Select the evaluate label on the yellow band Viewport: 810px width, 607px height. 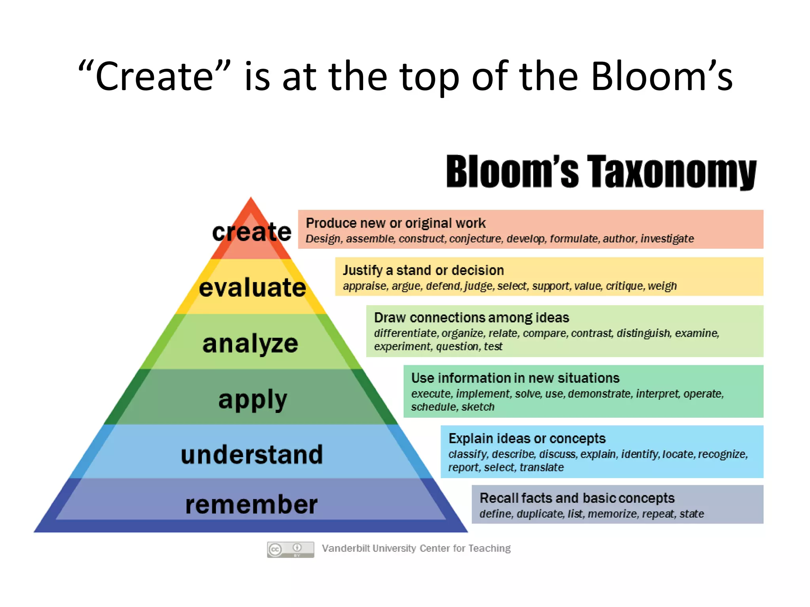click(x=252, y=287)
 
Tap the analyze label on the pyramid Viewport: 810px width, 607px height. click(x=250, y=343)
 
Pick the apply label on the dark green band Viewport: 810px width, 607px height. click(x=252, y=400)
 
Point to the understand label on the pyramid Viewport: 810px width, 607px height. click(x=252, y=454)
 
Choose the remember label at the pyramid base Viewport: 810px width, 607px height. click(x=252, y=505)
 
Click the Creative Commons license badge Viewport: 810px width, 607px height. click(x=290, y=549)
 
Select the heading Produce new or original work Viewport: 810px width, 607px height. click(x=396, y=223)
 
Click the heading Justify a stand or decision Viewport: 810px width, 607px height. click(x=423, y=270)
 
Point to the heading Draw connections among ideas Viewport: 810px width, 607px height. click(x=471, y=318)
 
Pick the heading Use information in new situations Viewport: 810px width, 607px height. click(x=515, y=378)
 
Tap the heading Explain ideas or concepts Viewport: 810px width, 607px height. click(x=527, y=439)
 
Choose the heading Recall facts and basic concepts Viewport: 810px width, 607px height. click(x=577, y=498)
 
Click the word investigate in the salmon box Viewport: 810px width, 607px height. click(x=667, y=239)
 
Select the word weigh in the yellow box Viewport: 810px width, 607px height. click(x=663, y=286)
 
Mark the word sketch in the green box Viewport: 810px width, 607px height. click(x=478, y=407)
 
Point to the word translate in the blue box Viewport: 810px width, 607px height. click(x=541, y=468)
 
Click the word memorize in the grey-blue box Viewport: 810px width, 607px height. click(x=612, y=514)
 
